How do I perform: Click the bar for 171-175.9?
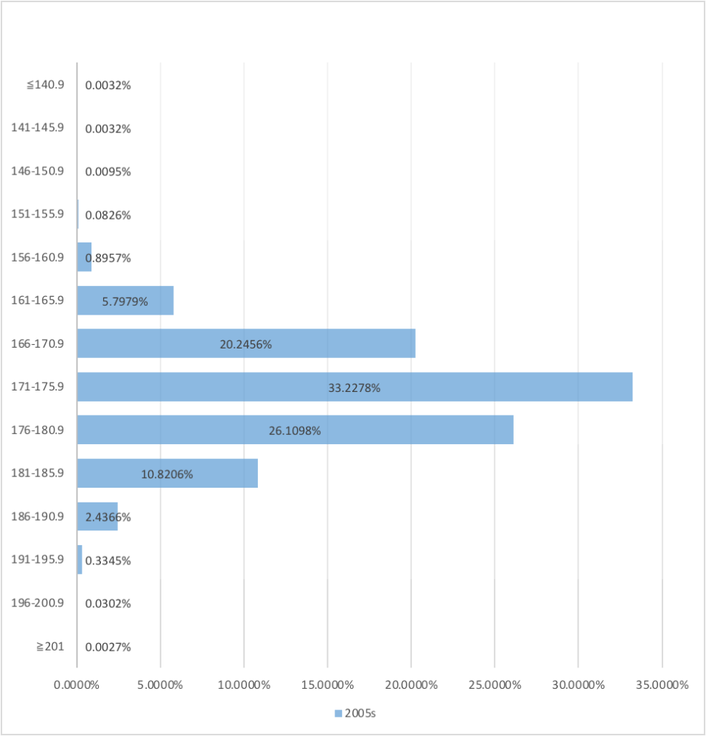(354, 387)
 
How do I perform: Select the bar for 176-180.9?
(295, 430)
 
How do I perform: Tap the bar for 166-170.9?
(246, 343)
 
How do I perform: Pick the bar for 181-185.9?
(167, 474)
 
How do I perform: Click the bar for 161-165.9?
(125, 301)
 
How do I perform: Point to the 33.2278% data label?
(354, 388)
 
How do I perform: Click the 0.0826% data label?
(108, 215)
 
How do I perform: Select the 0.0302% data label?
(108, 603)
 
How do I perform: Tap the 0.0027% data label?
(108, 647)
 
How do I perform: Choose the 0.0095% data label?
(108, 172)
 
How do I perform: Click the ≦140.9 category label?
(46, 85)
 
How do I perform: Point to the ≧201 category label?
(50, 647)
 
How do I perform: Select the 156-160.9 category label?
(38, 258)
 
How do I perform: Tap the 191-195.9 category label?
(38, 560)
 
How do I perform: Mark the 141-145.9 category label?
(38, 127)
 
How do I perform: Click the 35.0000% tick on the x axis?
(661, 684)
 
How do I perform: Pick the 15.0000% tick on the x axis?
(327, 684)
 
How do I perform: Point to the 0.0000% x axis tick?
(77, 684)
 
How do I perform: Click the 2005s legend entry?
(356, 713)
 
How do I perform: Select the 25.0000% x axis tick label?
(494, 684)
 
